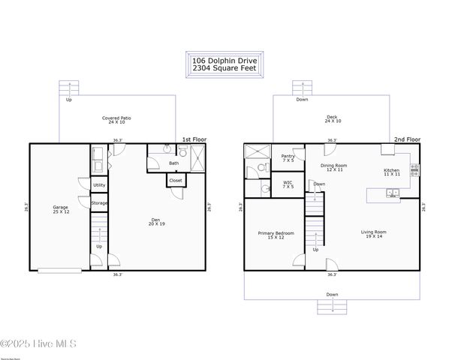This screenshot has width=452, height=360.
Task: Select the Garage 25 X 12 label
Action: [60, 209]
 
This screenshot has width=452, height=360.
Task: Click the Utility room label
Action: [99, 184]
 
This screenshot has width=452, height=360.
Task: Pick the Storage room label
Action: [99, 202]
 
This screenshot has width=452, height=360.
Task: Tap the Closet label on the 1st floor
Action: [175, 180]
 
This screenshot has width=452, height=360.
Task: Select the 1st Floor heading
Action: [194, 139]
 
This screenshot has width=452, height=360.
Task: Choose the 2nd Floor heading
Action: [408, 139]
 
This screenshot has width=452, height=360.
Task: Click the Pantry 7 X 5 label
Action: [288, 158]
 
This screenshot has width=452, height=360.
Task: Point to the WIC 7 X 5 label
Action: [288, 184]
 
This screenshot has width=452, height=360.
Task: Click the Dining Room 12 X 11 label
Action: [333, 167]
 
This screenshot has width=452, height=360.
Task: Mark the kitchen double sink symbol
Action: [392, 193]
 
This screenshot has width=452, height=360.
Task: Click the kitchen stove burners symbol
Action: [414, 169]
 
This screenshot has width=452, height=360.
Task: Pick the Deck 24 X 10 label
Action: [332, 118]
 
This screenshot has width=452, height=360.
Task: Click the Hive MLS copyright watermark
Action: [39, 344]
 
